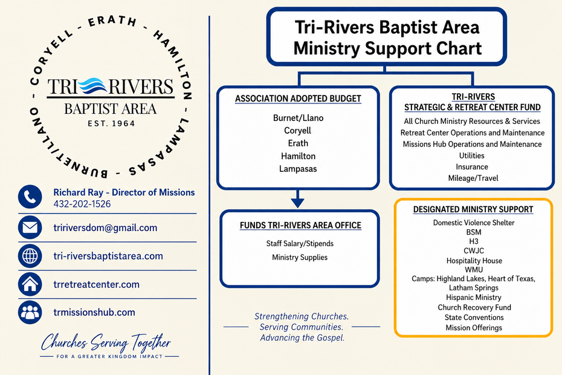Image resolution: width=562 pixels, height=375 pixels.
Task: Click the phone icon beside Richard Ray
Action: click(x=30, y=197)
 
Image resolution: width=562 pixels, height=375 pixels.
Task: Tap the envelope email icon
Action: click(x=30, y=227)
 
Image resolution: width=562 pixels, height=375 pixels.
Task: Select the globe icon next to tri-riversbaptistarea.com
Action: click(x=30, y=256)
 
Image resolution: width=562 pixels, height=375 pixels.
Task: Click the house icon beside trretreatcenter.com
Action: click(x=30, y=284)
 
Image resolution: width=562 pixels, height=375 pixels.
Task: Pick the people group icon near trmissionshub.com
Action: click(x=30, y=312)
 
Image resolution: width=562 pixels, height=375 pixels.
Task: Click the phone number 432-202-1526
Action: click(x=82, y=204)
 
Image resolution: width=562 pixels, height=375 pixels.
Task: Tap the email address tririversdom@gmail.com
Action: click(x=105, y=228)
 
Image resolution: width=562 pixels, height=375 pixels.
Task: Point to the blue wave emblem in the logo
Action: click(x=93, y=86)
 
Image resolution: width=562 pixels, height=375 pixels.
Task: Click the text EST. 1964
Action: click(x=111, y=123)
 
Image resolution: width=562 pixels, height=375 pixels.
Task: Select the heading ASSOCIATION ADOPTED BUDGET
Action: click(x=298, y=99)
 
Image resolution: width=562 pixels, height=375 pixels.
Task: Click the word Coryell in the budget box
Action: click(x=297, y=131)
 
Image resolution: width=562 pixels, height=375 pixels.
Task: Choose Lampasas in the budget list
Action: click(x=298, y=169)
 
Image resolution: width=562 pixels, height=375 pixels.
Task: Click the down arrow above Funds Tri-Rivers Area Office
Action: click(x=297, y=199)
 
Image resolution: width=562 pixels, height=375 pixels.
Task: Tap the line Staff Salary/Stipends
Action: click(x=300, y=244)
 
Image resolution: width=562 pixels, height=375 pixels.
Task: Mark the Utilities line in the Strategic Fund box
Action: click(x=472, y=155)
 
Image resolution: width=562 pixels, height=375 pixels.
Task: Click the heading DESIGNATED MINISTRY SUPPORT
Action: click(x=473, y=209)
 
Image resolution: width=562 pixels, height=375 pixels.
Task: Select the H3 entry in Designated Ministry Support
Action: click(x=474, y=241)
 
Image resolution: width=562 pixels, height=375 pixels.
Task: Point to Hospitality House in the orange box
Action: click(x=474, y=261)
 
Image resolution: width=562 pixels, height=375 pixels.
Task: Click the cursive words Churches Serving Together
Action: click(x=106, y=342)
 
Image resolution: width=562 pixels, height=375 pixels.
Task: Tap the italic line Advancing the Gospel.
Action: click(x=302, y=337)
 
